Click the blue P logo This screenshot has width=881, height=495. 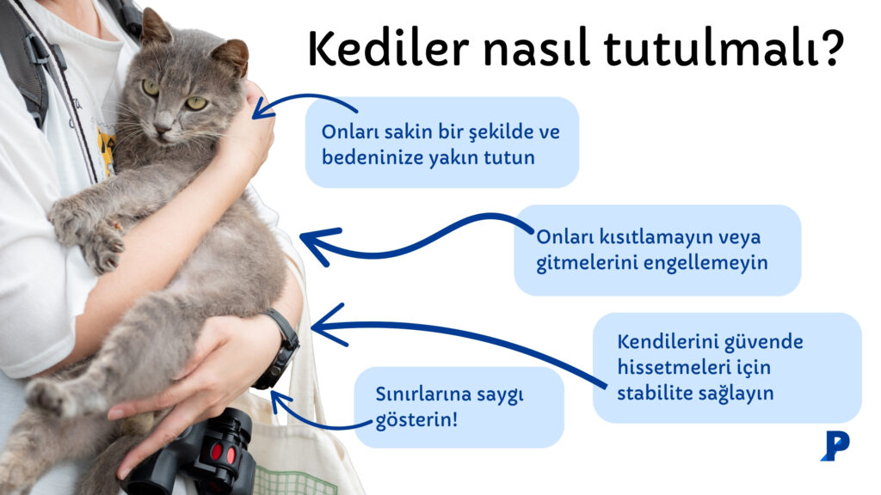coord(834,445)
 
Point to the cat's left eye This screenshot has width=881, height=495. coord(197,103)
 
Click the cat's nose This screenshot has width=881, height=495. coord(163,127)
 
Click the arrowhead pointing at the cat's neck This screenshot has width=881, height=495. coord(261,107)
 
